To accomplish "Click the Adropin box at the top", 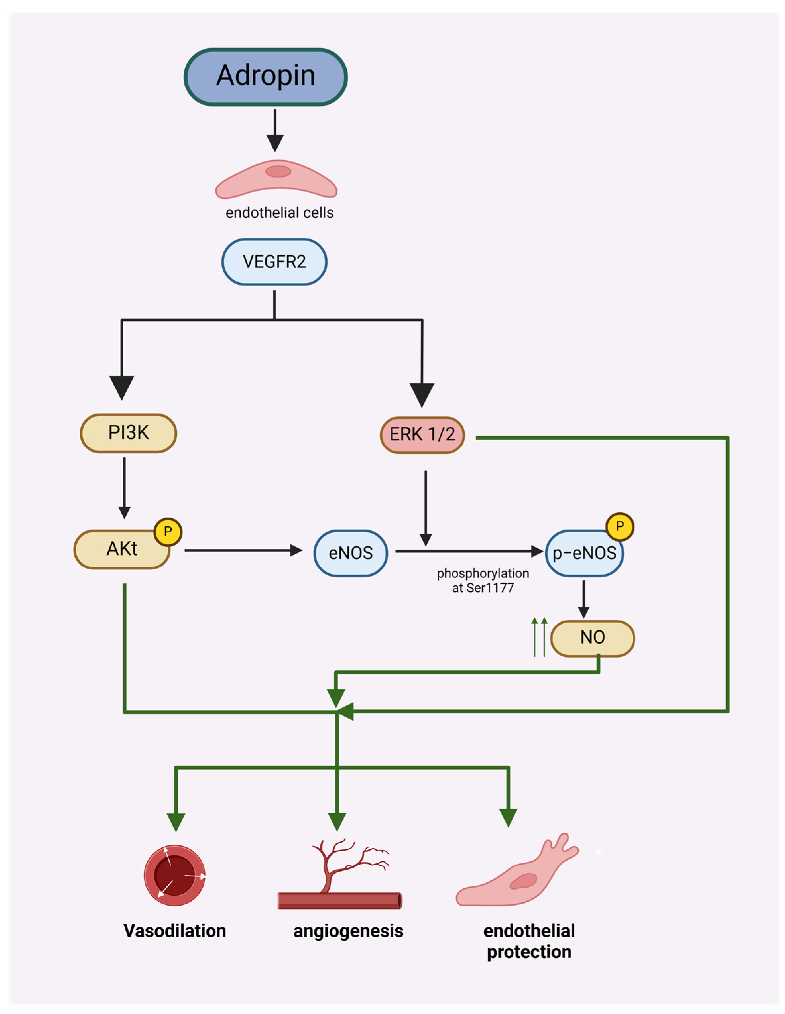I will (266, 77).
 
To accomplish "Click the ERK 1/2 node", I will (422, 435).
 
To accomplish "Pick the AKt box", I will (122, 549).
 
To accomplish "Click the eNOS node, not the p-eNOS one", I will (350, 553).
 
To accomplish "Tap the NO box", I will (592, 638).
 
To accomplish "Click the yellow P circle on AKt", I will (168, 532).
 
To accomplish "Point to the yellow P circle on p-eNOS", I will (619, 526).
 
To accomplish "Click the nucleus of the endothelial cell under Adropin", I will (278, 171).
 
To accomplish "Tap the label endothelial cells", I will (279, 213).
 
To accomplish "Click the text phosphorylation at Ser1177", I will (483, 580).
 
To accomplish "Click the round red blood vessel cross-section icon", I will (175, 875).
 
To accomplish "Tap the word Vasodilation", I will (175, 930).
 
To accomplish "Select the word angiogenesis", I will (348, 930).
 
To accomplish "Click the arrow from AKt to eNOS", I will (243, 550).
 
